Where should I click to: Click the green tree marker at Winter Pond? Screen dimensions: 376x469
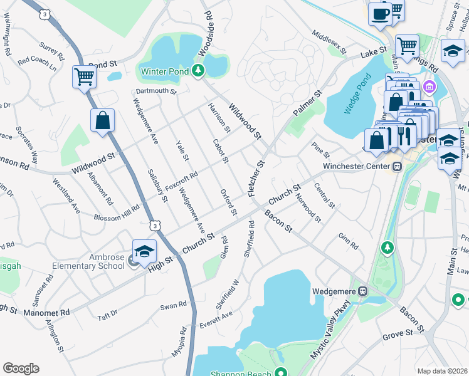(199, 70)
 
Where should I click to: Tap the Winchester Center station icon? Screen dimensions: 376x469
(397, 167)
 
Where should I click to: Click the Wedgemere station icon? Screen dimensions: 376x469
(362, 291)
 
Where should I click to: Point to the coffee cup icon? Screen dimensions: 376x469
(380, 13)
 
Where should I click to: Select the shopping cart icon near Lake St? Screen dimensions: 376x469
(407, 45)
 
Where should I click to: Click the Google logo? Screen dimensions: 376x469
(21, 368)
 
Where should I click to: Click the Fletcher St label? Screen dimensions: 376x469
(257, 179)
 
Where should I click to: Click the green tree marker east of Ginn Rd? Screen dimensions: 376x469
(387, 248)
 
